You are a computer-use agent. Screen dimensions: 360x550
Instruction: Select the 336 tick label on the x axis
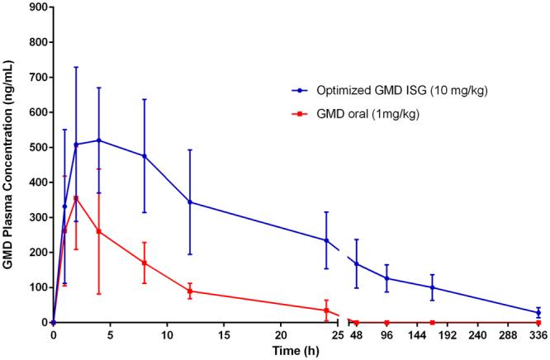538,336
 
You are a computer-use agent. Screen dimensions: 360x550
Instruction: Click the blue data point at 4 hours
99,140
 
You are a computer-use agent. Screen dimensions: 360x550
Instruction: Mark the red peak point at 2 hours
76,198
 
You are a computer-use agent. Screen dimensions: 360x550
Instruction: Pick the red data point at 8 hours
145,263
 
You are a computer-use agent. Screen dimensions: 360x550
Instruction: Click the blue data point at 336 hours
538,313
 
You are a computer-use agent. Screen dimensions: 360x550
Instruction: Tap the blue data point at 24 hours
326,240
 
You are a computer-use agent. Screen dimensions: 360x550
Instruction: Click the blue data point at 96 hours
386,278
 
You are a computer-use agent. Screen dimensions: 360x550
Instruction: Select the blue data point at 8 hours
145,156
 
